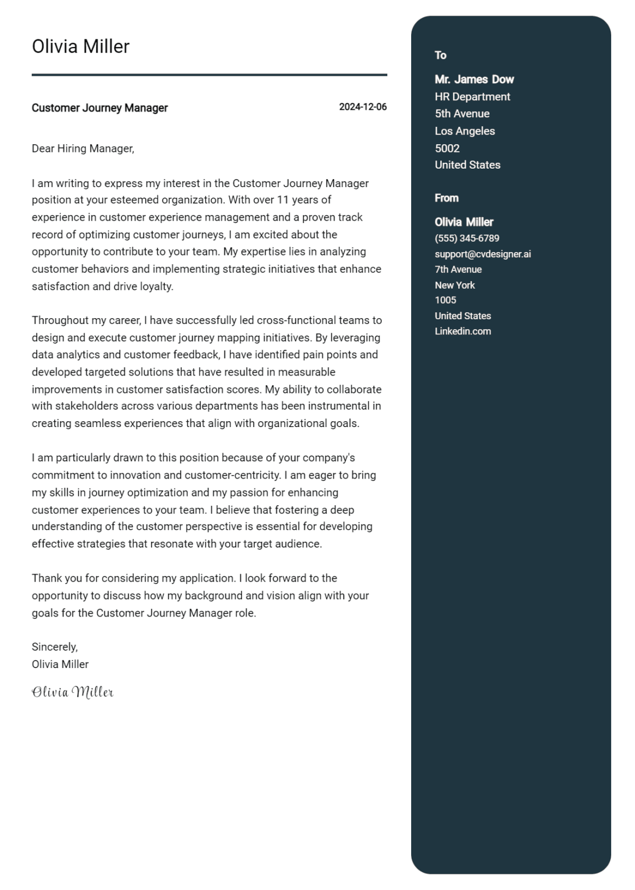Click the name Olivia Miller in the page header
(x=81, y=46)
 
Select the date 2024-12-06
(x=362, y=107)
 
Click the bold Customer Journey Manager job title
(x=100, y=108)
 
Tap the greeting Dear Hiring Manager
(x=83, y=148)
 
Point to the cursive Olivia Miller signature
(x=72, y=692)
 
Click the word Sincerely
(x=55, y=647)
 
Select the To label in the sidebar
(x=441, y=56)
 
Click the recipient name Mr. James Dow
(x=474, y=79)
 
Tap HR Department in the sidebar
(x=472, y=97)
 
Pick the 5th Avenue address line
(x=462, y=114)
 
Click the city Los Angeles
(x=465, y=131)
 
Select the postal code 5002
(x=447, y=148)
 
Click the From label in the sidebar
(x=447, y=198)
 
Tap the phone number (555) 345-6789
(x=467, y=238)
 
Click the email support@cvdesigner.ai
(x=482, y=254)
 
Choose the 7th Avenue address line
(x=458, y=269)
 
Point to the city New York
(x=455, y=285)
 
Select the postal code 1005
(x=445, y=300)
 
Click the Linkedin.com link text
(x=463, y=331)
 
